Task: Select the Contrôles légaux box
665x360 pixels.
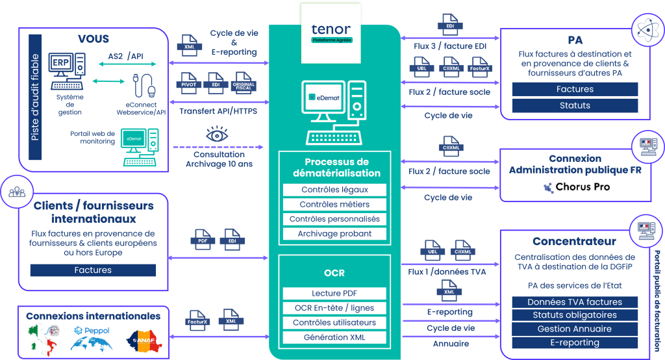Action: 334,190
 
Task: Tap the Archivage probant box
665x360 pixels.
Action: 334,233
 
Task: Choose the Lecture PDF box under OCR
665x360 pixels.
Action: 334,294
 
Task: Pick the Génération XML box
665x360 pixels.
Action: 334,337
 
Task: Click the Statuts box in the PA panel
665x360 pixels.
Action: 575,105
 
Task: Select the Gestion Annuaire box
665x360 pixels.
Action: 575,329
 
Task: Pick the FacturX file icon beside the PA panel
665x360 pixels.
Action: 479,66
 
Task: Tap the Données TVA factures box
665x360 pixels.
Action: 575,302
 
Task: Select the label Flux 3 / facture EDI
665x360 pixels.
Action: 450,46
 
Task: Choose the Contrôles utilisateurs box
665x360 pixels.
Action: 334,323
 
